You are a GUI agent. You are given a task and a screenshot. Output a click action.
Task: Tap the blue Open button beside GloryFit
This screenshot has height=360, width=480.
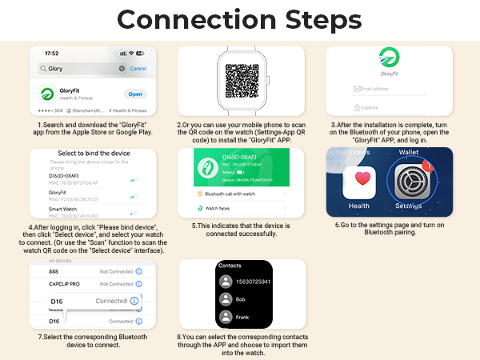[x=135, y=94]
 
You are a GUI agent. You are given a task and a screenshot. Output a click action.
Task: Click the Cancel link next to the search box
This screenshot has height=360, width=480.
[x=138, y=69]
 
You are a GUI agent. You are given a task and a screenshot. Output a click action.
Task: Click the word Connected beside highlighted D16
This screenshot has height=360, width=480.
[x=112, y=301]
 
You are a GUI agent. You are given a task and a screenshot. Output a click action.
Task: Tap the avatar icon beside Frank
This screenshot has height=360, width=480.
[x=226, y=318]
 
